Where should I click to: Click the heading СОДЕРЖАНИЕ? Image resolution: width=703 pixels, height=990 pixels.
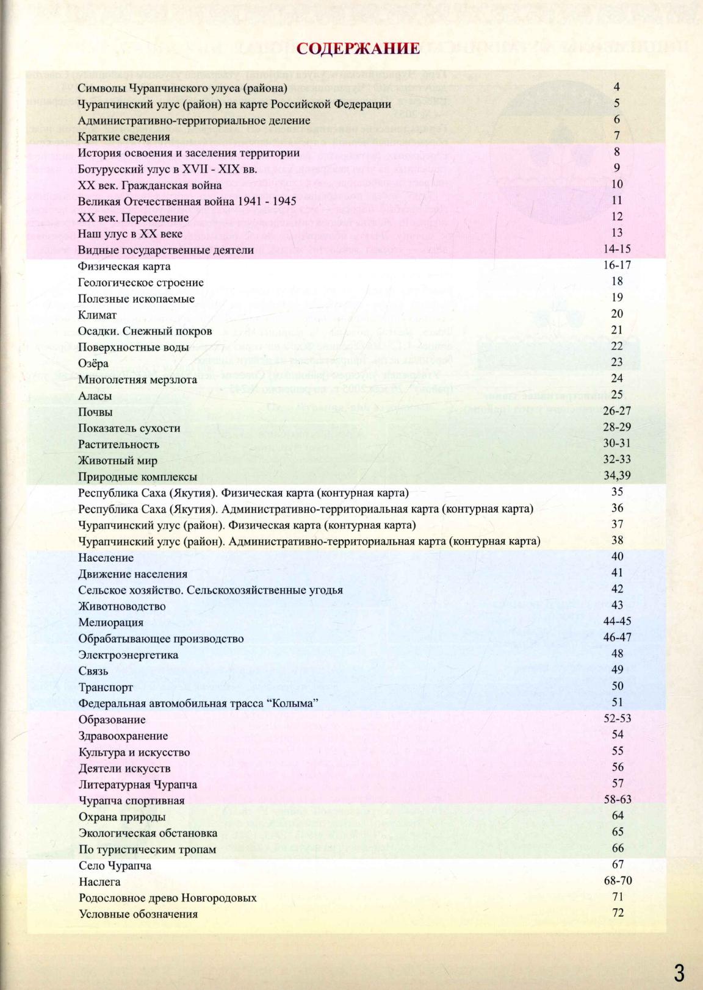358,49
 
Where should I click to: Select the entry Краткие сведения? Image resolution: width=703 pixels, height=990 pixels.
124,137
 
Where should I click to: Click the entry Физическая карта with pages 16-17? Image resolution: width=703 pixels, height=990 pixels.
124,267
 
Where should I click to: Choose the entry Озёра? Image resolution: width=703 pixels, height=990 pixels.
93,364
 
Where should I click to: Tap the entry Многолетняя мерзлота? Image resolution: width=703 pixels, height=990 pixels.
138,380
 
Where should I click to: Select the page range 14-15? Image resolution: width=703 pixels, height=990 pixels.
617,249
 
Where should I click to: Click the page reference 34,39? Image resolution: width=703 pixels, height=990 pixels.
617,476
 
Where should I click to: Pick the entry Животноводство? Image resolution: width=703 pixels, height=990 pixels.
122,606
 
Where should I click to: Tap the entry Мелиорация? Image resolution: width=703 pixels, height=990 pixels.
111,623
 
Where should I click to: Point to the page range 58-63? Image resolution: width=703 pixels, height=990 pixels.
617,800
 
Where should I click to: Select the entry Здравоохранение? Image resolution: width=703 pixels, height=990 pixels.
123,736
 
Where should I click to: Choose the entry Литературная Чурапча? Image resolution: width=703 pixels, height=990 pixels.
138,785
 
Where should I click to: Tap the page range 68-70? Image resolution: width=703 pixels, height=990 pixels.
617,881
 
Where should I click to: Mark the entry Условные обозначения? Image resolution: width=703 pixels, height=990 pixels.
139,914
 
